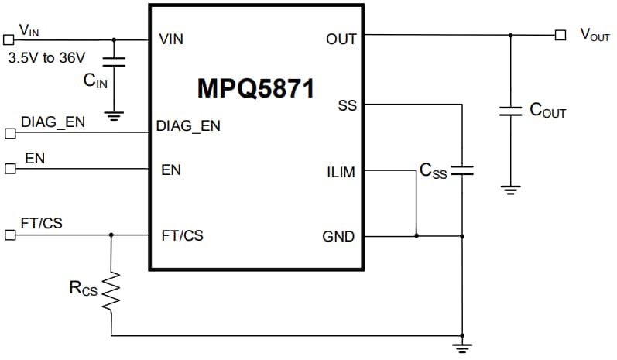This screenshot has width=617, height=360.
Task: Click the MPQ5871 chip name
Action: [255, 88]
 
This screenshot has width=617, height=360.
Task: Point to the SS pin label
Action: [347, 105]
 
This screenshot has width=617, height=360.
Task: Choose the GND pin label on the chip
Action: [338, 236]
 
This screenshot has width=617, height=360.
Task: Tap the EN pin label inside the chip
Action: [170, 170]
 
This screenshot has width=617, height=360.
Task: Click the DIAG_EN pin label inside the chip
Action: [188, 125]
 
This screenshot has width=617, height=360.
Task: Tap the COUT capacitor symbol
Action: [510, 111]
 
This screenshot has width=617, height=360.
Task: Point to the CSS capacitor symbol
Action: [461, 170]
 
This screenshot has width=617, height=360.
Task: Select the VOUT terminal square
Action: [560, 35]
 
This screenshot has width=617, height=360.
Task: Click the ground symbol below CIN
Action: [115, 117]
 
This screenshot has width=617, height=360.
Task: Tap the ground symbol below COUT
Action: [510, 188]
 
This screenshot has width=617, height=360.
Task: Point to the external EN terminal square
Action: [9, 169]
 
